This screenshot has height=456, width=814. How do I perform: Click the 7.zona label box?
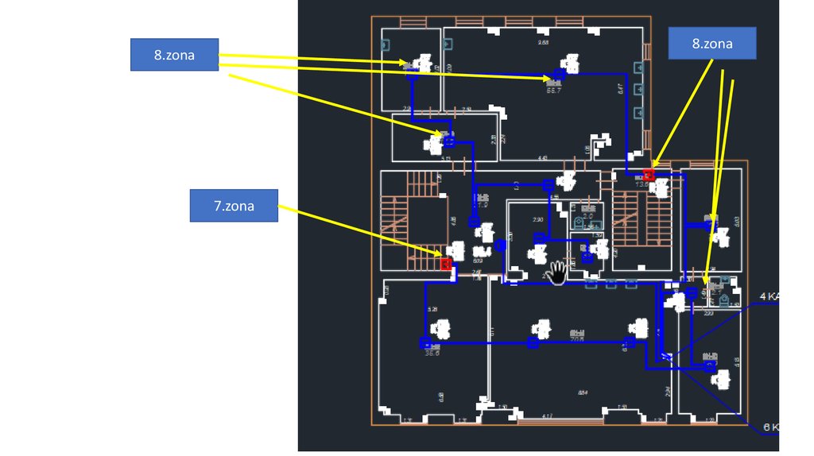pyautogui.click(x=234, y=205)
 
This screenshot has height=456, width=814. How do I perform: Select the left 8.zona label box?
pyautogui.click(x=174, y=55)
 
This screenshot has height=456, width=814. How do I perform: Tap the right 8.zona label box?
pyautogui.click(x=711, y=44)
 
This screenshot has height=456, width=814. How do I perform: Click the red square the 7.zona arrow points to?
pyautogui.click(x=446, y=263)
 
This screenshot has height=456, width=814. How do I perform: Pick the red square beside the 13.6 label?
pyautogui.click(x=649, y=175)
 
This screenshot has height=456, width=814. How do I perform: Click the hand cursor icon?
pyautogui.click(x=557, y=272)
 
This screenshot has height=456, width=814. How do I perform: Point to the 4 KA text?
pyautogui.click(x=769, y=296)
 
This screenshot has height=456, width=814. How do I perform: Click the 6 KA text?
pyautogui.click(x=769, y=427)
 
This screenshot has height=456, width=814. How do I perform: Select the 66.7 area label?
pyautogui.click(x=553, y=91)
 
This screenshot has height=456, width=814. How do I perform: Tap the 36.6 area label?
pyautogui.click(x=432, y=353)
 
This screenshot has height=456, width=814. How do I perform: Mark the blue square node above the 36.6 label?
pyautogui.click(x=424, y=343)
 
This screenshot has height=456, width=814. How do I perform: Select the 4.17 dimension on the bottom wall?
pyautogui.click(x=548, y=416)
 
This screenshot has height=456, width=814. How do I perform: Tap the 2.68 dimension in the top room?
pyautogui.click(x=543, y=42)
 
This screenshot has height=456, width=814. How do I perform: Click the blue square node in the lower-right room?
pyautogui.click(x=709, y=367)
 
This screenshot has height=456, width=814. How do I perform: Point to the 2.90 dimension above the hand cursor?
pyautogui.click(x=537, y=220)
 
